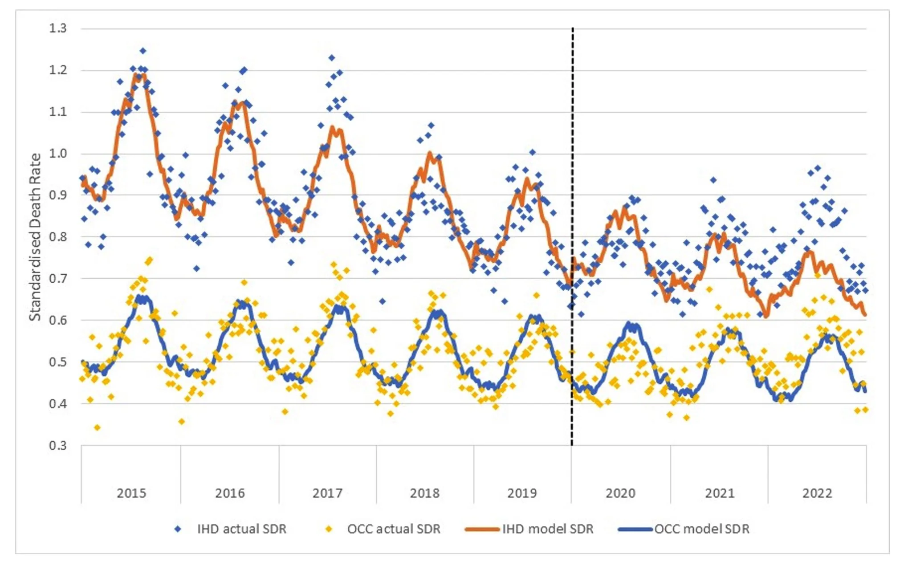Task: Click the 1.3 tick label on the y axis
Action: pos(58,28)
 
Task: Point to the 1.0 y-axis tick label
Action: pos(58,154)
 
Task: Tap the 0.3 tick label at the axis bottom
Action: pos(58,445)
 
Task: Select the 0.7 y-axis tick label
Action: pos(58,279)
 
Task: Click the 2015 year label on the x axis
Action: pos(131,493)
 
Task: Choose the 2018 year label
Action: pos(424,493)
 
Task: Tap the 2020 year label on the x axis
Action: pos(620,493)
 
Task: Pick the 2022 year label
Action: pos(817,493)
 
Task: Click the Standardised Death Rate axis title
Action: pos(35,237)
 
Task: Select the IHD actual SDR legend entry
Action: pos(241,529)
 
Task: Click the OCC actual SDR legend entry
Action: pos(394,529)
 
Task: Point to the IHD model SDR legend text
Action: pos(548,529)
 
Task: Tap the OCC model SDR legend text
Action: pos(702,529)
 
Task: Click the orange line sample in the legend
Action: pos(482,529)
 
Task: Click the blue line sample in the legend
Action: pos(636,529)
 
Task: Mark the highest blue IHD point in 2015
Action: pos(142,51)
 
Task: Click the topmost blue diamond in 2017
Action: pos(332,58)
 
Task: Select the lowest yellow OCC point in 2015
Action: pos(98,428)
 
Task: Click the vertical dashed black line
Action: pos(572,223)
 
